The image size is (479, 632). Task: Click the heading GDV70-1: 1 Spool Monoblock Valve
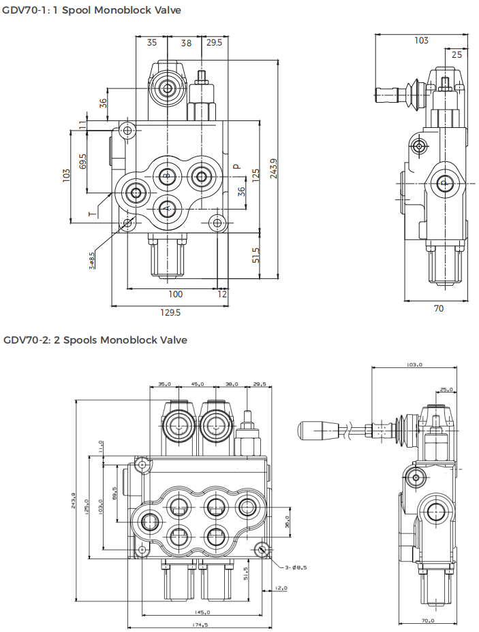coord(92,10)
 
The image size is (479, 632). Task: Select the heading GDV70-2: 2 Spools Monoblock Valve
coord(95,340)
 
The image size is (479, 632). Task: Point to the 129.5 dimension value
coord(170,312)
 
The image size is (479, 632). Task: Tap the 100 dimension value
coord(175,294)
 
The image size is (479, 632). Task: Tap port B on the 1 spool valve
coord(166,175)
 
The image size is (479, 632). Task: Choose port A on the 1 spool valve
coord(166,209)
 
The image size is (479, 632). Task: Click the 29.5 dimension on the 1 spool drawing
coord(214,42)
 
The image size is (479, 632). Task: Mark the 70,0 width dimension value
coord(428,620)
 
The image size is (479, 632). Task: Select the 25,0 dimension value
coord(447,390)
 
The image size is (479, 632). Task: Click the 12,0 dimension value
coord(281,588)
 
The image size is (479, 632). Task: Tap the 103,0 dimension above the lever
coord(414,365)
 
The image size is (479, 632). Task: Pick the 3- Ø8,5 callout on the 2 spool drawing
coord(294,567)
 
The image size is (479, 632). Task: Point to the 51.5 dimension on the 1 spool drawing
coord(256,255)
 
